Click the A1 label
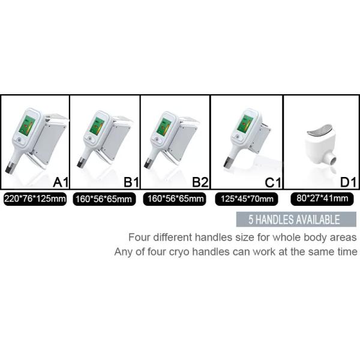61,182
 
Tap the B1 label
131,182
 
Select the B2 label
200,182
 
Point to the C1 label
273,183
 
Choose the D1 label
348,182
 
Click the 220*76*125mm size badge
35,199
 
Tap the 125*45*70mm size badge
247,199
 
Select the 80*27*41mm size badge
322,199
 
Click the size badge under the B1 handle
104,199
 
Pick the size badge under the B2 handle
175,199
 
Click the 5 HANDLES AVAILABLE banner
296,220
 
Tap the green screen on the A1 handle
27,125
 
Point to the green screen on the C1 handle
245,124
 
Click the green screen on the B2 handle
164,127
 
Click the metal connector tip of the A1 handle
10,167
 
